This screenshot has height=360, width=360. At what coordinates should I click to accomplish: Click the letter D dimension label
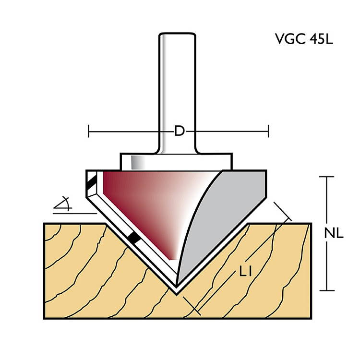point(179,131)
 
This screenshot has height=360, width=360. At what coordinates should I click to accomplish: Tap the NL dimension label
point(333,234)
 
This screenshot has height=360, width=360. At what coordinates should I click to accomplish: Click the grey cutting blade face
point(226,216)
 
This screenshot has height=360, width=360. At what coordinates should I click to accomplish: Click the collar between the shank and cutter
point(177,161)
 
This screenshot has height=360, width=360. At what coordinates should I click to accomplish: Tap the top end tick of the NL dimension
point(327,177)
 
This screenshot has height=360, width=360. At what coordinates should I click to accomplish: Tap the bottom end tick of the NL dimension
point(327,290)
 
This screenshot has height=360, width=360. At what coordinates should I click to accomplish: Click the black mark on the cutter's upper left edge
point(92,182)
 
